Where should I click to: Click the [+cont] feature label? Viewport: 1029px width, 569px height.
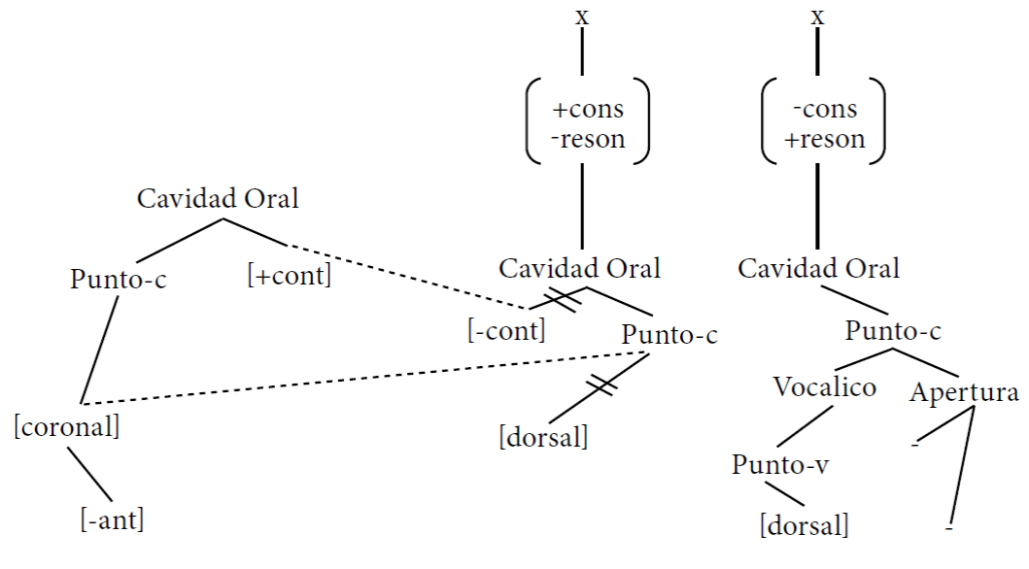tap(290, 276)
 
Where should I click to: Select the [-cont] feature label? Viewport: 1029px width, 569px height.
tap(506, 330)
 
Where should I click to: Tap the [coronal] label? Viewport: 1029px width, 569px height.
tap(67, 427)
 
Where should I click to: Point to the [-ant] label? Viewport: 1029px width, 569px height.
tap(112, 519)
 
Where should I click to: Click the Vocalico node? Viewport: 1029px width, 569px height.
tap(824, 386)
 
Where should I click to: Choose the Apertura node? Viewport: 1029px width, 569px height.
tap(964, 392)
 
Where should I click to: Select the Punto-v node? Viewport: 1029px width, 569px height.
tap(780, 465)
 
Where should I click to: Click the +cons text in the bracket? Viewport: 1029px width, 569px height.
tap(588, 110)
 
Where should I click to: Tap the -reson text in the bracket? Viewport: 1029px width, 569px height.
tap(588, 139)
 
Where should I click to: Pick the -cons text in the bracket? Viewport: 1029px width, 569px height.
tap(825, 109)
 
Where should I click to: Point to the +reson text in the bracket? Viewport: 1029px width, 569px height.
tap(825, 139)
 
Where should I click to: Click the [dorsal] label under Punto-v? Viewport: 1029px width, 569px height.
tap(805, 525)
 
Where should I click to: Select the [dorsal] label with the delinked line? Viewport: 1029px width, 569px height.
tap(543, 437)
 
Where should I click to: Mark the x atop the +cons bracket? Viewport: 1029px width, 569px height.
tap(582, 17)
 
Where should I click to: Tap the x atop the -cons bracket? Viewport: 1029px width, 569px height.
tap(817, 17)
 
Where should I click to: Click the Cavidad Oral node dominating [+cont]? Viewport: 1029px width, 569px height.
tap(218, 199)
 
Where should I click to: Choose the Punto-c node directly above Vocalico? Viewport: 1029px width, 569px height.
tap(893, 330)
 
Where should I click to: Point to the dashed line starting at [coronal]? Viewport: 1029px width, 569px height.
tap(363, 379)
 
